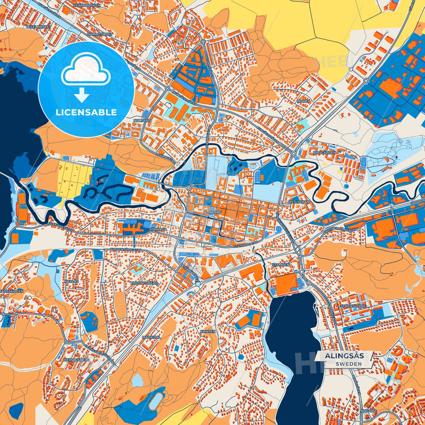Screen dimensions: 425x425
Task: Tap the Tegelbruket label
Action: [x=39, y=26]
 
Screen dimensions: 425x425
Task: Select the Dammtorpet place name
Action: [x=100, y=34]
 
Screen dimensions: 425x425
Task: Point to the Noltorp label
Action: [x=142, y=121]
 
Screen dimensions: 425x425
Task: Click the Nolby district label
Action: [x=304, y=101]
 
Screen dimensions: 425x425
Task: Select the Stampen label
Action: [x=281, y=265]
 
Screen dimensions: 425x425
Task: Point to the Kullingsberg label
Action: [x=144, y=283]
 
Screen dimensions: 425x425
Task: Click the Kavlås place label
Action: [x=71, y=281]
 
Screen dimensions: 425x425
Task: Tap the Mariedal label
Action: [x=151, y=337]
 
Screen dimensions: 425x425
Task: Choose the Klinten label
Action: [x=208, y=331]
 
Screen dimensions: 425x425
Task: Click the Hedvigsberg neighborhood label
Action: [x=76, y=360]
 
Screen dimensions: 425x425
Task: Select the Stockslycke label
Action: [x=353, y=306]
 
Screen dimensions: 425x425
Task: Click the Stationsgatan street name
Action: [x=246, y=244]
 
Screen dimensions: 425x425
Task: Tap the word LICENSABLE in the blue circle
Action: [x=86, y=112]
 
